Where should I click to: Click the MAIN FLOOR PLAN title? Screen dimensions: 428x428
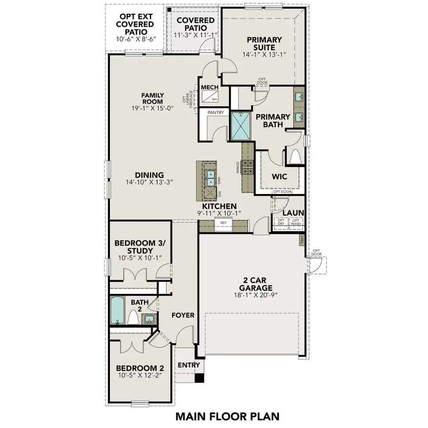(227, 416)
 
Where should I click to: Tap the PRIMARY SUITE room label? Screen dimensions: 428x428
(264, 44)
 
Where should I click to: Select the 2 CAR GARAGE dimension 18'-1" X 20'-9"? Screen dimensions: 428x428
(250, 295)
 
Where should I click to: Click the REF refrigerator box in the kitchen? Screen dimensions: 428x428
(223, 223)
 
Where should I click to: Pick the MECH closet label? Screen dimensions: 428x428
(209, 88)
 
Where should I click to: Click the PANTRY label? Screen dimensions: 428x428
(215, 113)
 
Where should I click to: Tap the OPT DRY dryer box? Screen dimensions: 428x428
(281, 222)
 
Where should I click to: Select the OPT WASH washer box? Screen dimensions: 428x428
(296, 222)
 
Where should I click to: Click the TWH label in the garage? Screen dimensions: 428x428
(302, 241)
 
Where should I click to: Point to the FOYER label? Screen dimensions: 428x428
(183, 315)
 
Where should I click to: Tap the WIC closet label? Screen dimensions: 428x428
(278, 176)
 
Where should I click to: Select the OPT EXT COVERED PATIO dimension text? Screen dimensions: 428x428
(135, 39)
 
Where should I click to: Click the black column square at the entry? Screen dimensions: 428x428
(200, 378)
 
